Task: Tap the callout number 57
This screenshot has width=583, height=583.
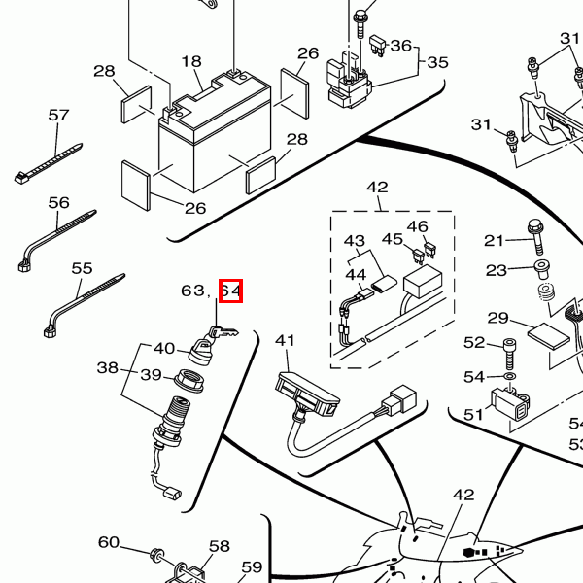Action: tap(59, 115)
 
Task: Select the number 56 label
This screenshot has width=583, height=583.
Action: tap(59, 202)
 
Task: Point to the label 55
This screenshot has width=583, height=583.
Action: tap(83, 268)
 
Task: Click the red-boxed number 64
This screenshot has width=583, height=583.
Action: tap(230, 291)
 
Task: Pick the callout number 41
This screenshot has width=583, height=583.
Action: tap(284, 340)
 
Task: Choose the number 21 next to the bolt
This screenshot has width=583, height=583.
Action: tap(495, 240)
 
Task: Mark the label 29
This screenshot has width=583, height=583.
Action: tap(498, 318)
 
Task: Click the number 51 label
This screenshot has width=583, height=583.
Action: tap(473, 414)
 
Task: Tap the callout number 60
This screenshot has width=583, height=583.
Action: tap(109, 542)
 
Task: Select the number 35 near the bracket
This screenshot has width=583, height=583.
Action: tap(437, 62)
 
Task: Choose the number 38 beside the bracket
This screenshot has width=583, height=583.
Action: tap(107, 368)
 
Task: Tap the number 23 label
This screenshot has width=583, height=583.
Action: tap(497, 270)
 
